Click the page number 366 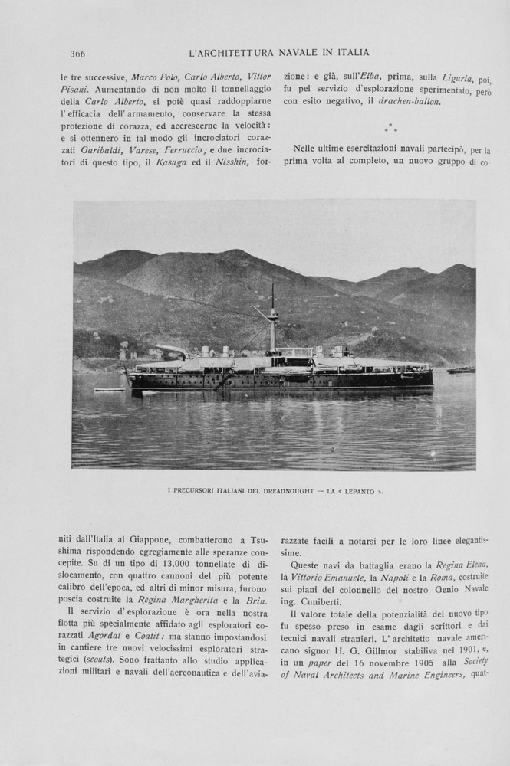click(x=77, y=54)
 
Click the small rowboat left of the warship click(x=109, y=390)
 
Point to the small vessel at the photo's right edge click(x=460, y=371)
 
